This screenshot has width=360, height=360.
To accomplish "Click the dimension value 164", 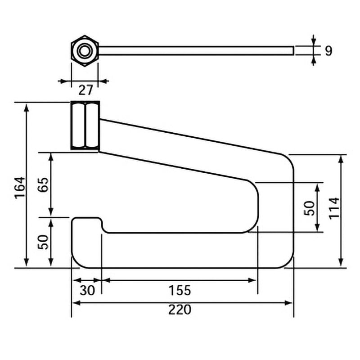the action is coord(20,187).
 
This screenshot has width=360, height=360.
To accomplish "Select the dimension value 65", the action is coord(43,184).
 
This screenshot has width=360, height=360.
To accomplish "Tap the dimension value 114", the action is coord(334,208).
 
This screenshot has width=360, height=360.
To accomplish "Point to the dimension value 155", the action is coord(180,290).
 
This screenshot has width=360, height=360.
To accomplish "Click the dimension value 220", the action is coord(180,310).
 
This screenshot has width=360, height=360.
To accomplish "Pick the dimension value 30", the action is coord(87,290).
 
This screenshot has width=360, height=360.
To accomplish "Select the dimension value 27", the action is coord(85,90).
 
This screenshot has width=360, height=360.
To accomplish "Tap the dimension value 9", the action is coord(328,51).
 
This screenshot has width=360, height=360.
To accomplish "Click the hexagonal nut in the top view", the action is coord(85,51).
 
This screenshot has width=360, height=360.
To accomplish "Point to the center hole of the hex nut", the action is coord(85,51).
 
